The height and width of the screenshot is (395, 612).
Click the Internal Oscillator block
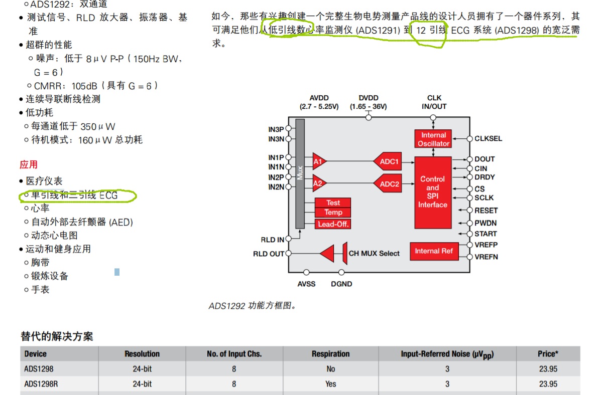(x=433, y=139)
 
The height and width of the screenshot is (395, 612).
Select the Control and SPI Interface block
(x=433, y=192)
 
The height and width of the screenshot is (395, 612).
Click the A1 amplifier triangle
(x=319, y=161)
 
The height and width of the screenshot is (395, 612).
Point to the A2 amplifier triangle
(x=319, y=184)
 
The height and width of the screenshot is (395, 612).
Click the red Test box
(x=333, y=203)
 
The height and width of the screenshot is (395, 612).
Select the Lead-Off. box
(x=333, y=224)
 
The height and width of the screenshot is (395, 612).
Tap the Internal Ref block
(x=434, y=251)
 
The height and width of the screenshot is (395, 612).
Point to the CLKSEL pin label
(x=488, y=138)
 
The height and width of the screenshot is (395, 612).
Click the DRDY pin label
(x=484, y=177)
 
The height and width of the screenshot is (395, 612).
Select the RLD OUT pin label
(x=269, y=254)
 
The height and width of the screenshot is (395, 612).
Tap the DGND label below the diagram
(x=341, y=284)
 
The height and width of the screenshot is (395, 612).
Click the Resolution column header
(x=142, y=354)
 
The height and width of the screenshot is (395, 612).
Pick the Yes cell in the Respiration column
(x=330, y=384)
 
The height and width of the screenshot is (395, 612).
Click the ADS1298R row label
(x=40, y=384)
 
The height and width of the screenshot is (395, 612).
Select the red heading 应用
(x=29, y=165)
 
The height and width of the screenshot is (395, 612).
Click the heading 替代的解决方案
(x=57, y=336)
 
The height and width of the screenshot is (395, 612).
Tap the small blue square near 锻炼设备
(x=117, y=272)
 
